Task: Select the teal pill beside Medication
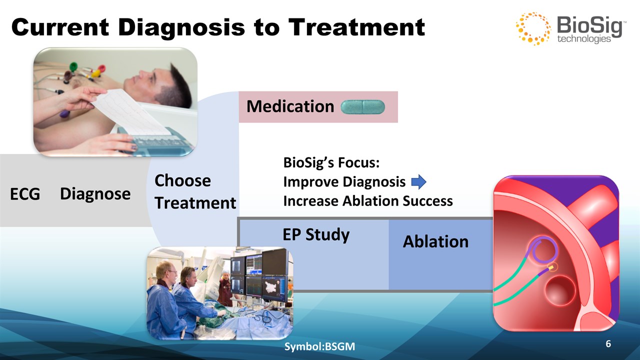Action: [x=363, y=107]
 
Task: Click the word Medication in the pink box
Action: [x=290, y=106]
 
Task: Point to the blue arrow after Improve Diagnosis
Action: [x=419, y=181]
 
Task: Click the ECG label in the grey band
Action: [x=25, y=194]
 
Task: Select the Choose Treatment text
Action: [x=195, y=191]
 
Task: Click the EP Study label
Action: [x=316, y=235]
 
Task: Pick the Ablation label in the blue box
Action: [x=435, y=241]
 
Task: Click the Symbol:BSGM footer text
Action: [x=319, y=346]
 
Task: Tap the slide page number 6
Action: [x=608, y=343]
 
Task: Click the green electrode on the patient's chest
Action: [x=74, y=67]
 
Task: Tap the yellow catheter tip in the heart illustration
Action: [x=553, y=267]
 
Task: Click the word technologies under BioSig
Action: [x=584, y=39]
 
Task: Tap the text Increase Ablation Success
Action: [x=368, y=200]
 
